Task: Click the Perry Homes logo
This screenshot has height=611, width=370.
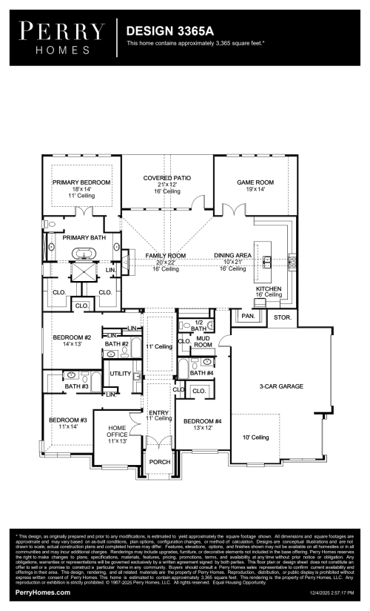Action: click(61, 37)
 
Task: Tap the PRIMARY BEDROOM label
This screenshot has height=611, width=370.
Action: click(81, 182)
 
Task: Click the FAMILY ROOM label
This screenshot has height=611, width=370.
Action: click(165, 256)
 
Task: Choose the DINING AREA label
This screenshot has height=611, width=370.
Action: click(234, 256)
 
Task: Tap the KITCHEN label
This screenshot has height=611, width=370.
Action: click(269, 288)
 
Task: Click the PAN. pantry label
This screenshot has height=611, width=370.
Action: click(248, 315)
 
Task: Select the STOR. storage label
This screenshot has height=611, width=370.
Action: click(283, 317)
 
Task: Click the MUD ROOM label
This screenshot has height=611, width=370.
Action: click(203, 342)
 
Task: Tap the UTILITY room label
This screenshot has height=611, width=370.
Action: click(121, 374)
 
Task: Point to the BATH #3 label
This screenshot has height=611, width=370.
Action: click(76, 386)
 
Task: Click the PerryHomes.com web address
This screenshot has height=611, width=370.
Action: click(43, 592)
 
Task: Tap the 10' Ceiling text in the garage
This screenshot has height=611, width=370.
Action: click(255, 437)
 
